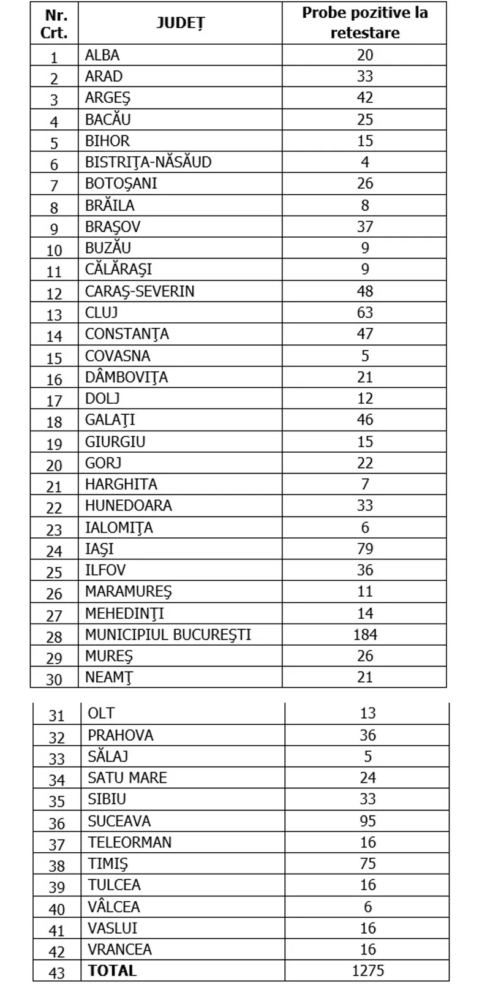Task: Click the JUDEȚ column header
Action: pyautogui.click(x=180, y=23)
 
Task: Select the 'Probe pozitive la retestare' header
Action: pyautogui.click(x=364, y=23)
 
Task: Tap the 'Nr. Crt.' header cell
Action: pyautogui.click(x=54, y=23)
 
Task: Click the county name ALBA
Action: pyautogui.click(x=102, y=55)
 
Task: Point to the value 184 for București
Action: pyautogui.click(x=365, y=635)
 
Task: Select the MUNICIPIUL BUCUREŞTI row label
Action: pyautogui.click(x=168, y=635)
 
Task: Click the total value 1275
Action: pyautogui.click(x=367, y=970)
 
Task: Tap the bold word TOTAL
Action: pyautogui.click(x=112, y=970)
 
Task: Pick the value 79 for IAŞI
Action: pyautogui.click(x=365, y=549)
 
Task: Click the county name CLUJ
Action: pyautogui.click(x=101, y=312)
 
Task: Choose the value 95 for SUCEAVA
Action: pyautogui.click(x=367, y=821)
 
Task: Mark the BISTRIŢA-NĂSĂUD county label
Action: pyautogui.click(x=148, y=162)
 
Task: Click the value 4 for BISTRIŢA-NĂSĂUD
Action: pyautogui.click(x=365, y=162)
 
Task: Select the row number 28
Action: pyautogui.click(x=55, y=637)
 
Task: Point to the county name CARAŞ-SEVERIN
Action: pyautogui.click(x=140, y=291)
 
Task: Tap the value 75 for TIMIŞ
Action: pyautogui.click(x=367, y=864)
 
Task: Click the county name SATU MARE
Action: pyautogui.click(x=127, y=778)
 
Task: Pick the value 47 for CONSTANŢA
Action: pyautogui.click(x=365, y=334)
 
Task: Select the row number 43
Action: pyautogui.click(x=56, y=972)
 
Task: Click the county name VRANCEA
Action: pyautogui.click(x=119, y=950)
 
